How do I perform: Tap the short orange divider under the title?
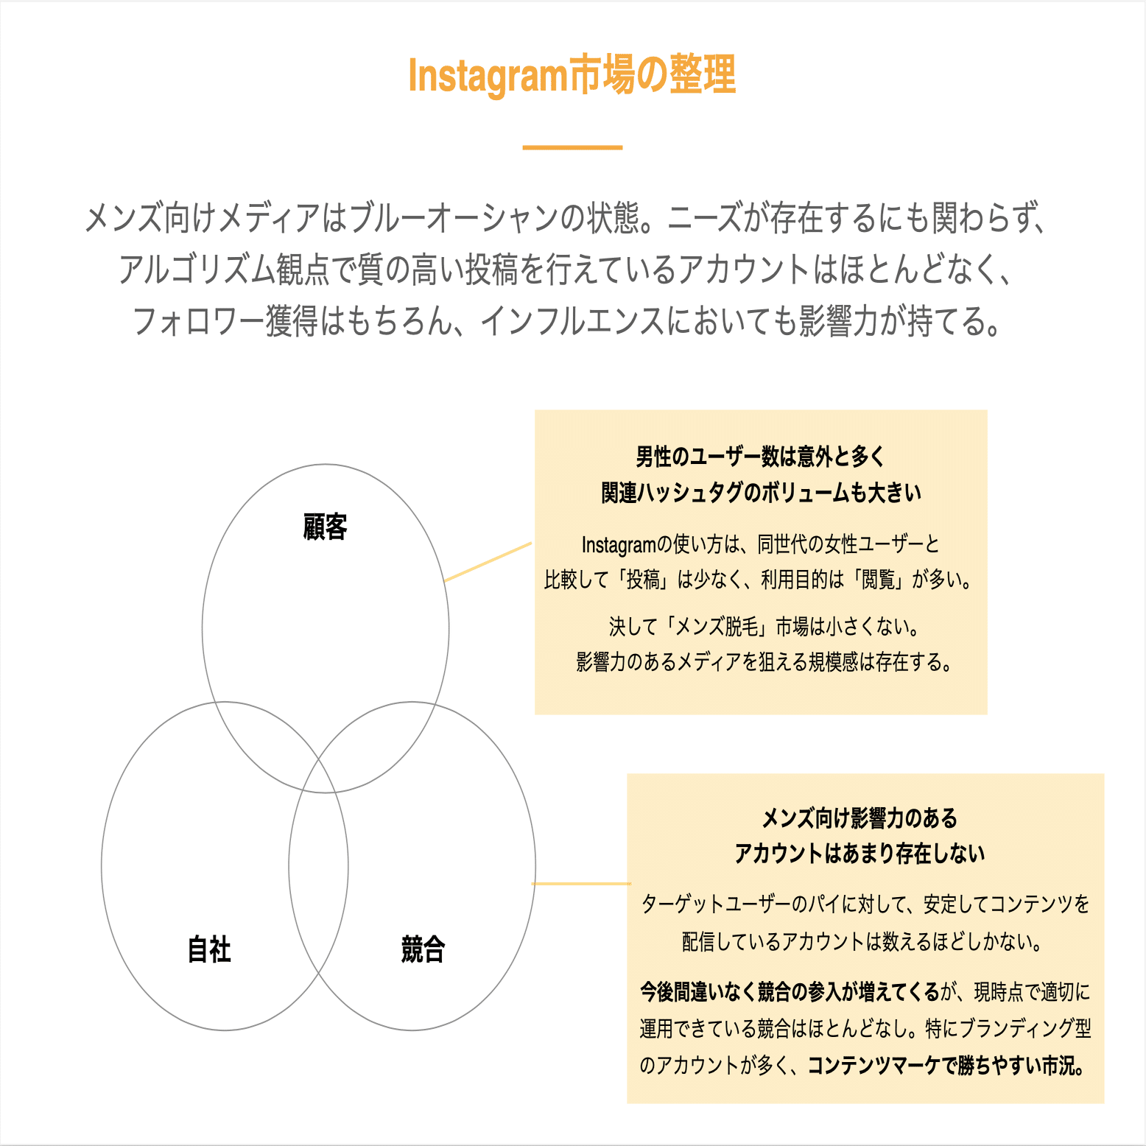(x=572, y=147)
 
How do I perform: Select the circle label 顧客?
(x=325, y=527)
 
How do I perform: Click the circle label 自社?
(x=209, y=949)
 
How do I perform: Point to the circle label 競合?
(x=423, y=949)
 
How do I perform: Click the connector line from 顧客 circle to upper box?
(x=488, y=562)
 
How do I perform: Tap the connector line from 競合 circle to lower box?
(x=580, y=883)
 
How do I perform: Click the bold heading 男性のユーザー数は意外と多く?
(x=760, y=457)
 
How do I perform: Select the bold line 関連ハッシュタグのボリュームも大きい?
(x=761, y=493)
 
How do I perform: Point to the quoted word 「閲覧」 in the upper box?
(x=878, y=580)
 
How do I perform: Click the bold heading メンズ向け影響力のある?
(x=859, y=818)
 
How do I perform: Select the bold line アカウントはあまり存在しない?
(x=859, y=854)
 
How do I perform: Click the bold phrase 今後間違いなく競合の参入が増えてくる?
(x=790, y=992)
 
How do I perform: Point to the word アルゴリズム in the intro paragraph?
(x=197, y=270)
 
